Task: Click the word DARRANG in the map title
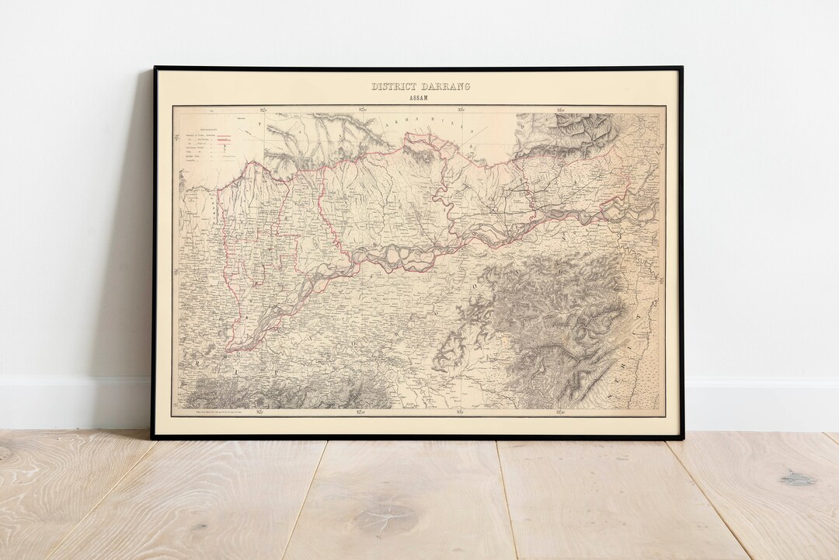(446, 86)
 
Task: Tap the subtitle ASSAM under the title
(420, 98)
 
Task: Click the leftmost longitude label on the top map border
(263, 109)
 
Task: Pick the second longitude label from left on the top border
(359, 109)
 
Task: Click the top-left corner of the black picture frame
(154, 68)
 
